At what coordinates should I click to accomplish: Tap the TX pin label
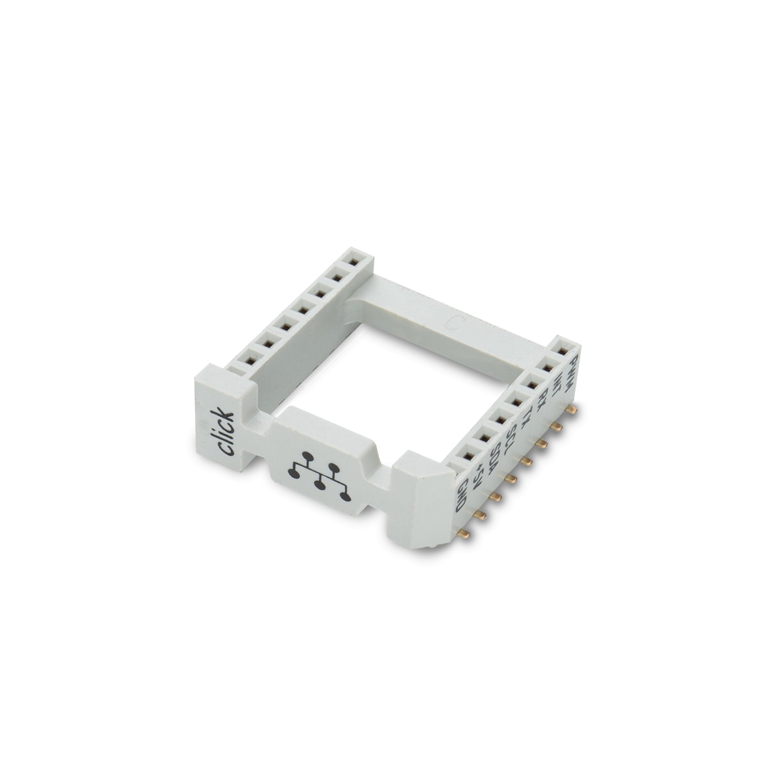click(526, 416)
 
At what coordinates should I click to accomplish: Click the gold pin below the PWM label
click(571, 409)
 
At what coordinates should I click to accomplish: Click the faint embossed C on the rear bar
click(453, 322)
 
